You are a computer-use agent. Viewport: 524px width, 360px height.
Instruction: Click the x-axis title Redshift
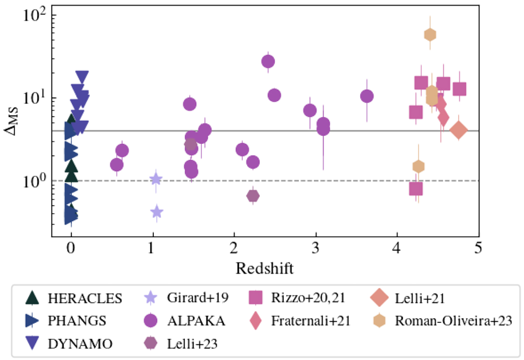(x=265, y=268)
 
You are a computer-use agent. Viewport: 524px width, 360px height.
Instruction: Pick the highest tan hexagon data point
(x=430, y=35)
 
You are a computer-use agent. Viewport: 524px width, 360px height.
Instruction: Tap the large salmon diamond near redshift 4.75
(x=458, y=130)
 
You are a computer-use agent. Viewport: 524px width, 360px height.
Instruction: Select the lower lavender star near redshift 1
(x=157, y=212)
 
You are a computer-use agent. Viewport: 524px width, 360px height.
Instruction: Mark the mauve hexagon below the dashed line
(x=253, y=196)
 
